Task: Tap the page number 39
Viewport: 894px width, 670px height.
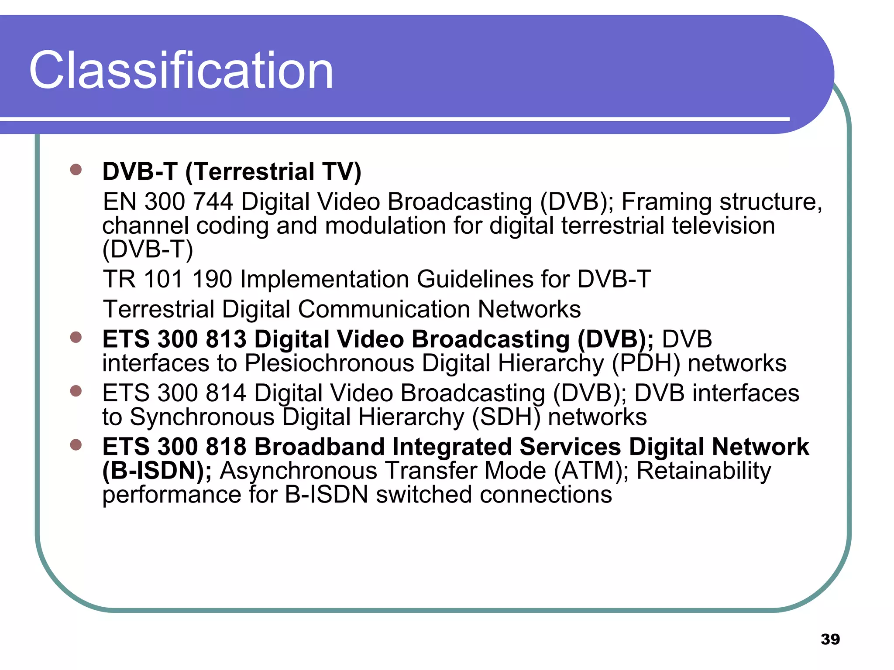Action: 830,639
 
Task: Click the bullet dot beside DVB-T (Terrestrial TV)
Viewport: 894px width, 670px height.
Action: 76,170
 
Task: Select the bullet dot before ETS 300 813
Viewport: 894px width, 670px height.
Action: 76,337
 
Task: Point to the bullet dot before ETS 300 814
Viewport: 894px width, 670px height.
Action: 76,391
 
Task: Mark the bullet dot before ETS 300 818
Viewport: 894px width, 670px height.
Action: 76,444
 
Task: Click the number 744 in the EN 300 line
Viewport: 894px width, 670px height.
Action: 213,202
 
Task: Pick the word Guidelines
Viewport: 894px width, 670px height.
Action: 475,279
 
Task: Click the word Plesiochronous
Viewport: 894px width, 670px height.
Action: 329,363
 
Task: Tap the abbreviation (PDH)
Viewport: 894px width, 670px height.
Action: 646,363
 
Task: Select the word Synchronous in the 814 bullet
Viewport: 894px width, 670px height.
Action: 202,417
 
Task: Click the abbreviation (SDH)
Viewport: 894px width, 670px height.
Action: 506,417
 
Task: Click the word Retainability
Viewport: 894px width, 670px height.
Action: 704,471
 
